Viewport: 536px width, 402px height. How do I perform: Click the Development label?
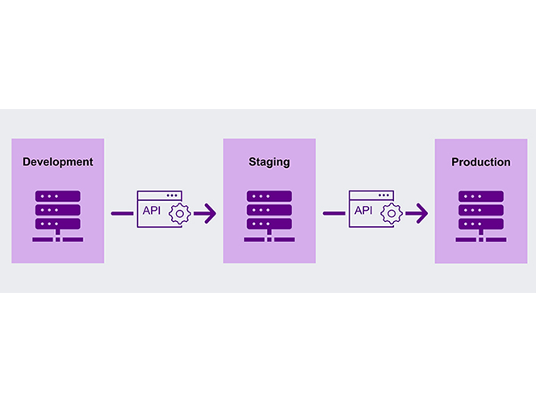(x=58, y=161)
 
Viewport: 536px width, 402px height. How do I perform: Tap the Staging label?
(x=270, y=162)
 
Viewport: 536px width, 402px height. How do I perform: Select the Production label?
(x=481, y=162)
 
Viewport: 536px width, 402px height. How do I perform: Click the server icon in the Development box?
(x=58, y=216)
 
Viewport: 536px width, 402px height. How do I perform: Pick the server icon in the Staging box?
(x=270, y=216)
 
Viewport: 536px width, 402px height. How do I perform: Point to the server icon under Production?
(x=481, y=216)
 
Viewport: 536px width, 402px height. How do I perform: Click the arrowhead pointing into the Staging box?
(x=210, y=214)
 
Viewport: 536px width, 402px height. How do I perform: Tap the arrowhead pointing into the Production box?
(x=422, y=214)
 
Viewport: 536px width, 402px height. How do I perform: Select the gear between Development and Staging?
(x=180, y=214)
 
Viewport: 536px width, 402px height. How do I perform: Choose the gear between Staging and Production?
(x=392, y=214)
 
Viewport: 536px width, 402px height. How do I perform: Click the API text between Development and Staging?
(x=152, y=210)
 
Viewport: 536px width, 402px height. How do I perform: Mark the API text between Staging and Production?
(x=363, y=210)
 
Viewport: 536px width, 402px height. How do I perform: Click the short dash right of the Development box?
(x=123, y=213)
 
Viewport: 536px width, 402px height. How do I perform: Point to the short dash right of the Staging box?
(x=334, y=213)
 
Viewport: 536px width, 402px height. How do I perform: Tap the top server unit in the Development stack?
(x=58, y=196)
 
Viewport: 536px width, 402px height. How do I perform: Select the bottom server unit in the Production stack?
(x=481, y=224)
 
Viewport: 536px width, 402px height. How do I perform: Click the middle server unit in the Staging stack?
(x=270, y=210)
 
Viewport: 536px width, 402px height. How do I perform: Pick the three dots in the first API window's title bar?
(x=172, y=195)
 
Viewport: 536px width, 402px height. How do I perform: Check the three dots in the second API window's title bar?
(x=383, y=195)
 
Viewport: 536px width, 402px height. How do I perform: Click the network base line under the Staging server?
(x=270, y=240)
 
